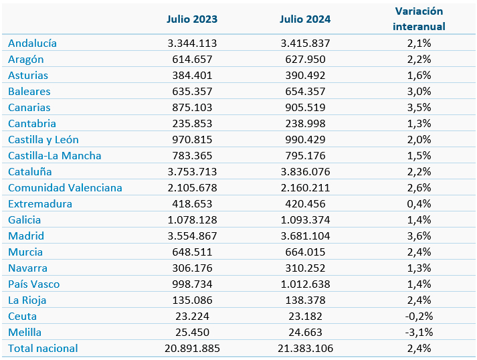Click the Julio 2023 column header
[192, 19]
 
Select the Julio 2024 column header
[305, 19]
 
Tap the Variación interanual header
[419, 19]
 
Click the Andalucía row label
[32, 43]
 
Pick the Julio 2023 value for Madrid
[192, 236]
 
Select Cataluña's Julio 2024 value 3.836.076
[305, 171]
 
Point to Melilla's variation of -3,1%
[419, 332]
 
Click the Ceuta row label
[22, 317]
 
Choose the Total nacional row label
[43, 348]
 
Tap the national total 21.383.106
[305, 348]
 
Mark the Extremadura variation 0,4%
[419, 203]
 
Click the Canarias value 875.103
[192, 108]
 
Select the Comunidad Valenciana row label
[65, 188]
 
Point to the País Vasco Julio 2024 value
[305, 284]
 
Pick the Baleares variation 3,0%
[419, 91]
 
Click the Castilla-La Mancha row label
[54, 155]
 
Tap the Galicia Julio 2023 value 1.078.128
[192, 219]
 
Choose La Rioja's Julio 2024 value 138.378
[305, 300]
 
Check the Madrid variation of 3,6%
[419, 236]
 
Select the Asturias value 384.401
[192, 75]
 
